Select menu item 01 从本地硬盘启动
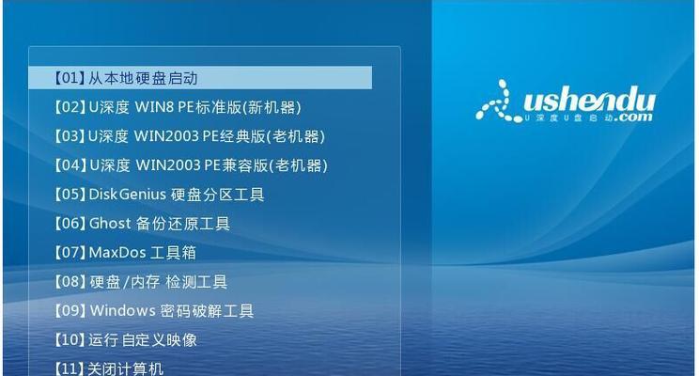[126, 78]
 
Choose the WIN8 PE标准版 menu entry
[178, 107]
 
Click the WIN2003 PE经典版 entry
[190, 136]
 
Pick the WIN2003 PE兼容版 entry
[191, 165]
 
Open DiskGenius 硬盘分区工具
[159, 194]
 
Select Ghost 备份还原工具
[142, 223]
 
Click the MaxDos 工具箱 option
[125, 253]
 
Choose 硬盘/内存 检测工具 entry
[140, 281]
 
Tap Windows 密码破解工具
[154, 310]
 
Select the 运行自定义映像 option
[125, 340]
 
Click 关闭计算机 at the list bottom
[108, 368]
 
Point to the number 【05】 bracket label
[70, 194]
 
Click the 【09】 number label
[70, 310]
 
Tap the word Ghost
[110, 223]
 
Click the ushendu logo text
[589, 101]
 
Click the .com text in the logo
[633, 117]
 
